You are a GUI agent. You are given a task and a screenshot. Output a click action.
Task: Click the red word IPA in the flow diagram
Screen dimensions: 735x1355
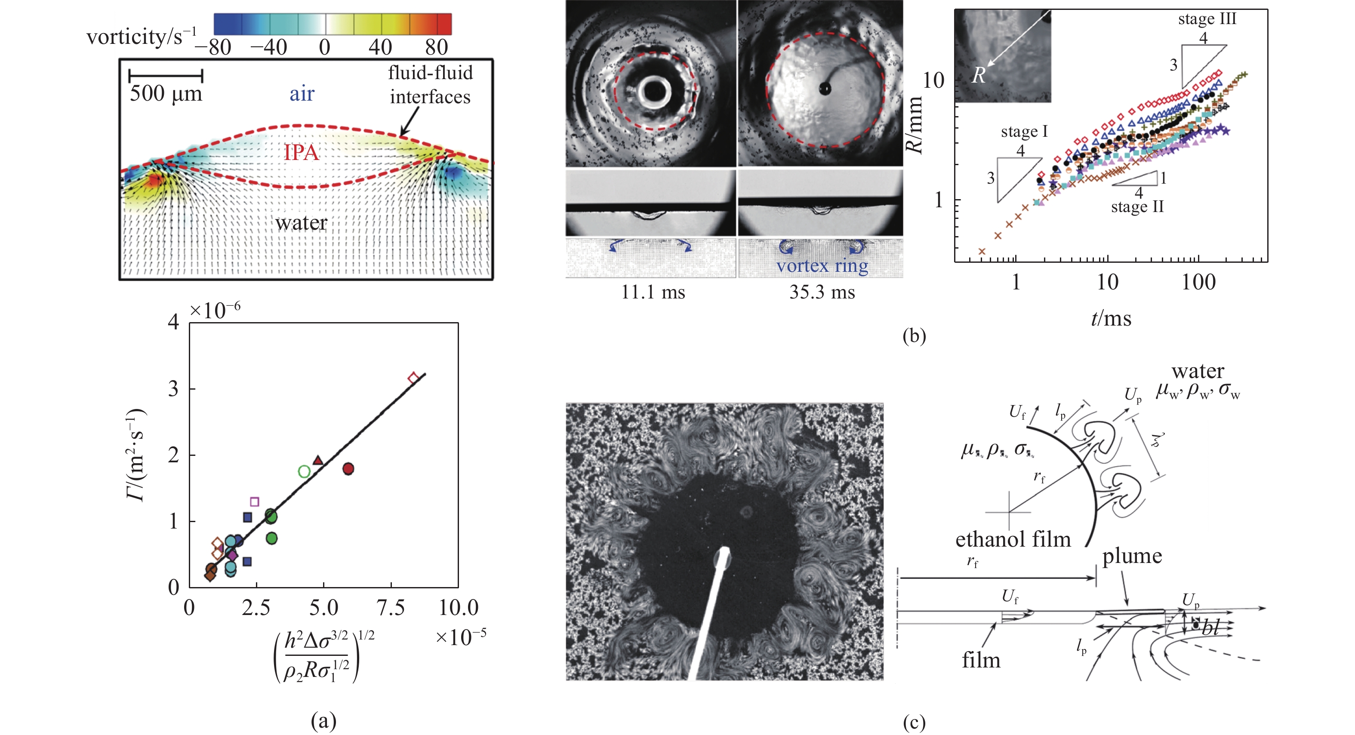[x=302, y=153]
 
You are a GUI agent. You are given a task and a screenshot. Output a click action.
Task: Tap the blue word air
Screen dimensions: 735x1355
[x=302, y=94]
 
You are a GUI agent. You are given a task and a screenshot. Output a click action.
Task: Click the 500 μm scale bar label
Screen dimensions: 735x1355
[x=166, y=94]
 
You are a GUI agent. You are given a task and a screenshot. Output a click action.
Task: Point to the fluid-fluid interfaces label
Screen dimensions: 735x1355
[x=430, y=85]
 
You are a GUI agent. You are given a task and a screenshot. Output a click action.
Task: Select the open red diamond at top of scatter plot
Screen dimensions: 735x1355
[x=413, y=378]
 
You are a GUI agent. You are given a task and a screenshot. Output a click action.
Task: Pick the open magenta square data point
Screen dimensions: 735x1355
[x=255, y=501]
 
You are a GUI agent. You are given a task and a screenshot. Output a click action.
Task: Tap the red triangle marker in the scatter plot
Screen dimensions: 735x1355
[x=318, y=461]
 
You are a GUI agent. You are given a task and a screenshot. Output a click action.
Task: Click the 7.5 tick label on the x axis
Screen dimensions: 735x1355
[x=391, y=608]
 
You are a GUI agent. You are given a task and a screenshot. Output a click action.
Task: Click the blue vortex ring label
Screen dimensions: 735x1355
[x=822, y=266]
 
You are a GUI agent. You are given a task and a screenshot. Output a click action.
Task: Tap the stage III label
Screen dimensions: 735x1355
[x=1207, y=19]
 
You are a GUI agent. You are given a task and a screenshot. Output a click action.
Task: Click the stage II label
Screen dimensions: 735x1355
[x=1137, y=206]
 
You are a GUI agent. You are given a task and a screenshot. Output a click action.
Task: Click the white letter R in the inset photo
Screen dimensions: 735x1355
[x=978, y=76]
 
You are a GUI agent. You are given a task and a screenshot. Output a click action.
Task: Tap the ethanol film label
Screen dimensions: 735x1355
[x=1013, y=539]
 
